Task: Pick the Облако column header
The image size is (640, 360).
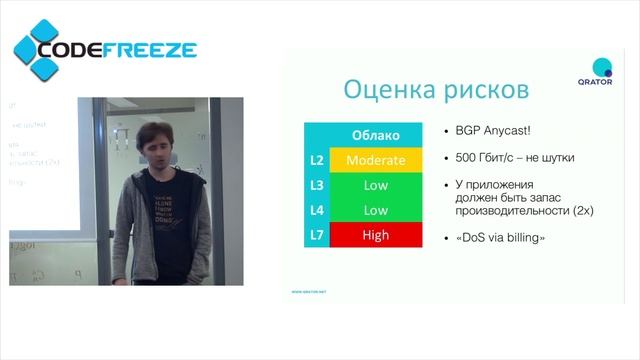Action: pos(375,135)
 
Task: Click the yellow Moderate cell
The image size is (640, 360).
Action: pos(375,160)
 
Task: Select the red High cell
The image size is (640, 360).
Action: pos(375,236)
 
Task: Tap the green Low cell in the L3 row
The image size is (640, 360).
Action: pos(375,185)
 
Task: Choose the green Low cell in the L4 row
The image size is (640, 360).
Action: pos(375,211)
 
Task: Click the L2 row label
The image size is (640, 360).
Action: pos(317,160)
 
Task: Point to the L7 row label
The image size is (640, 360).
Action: pos(317,236)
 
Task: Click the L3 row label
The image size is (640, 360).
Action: pos(317,185)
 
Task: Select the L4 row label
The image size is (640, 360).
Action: pos(317,211)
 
